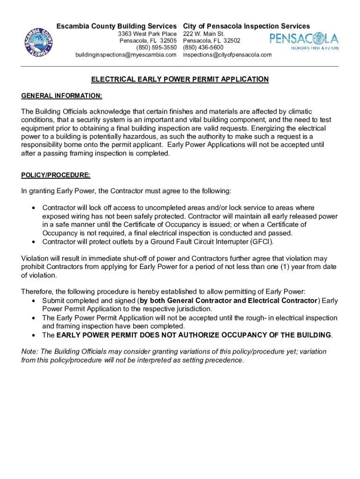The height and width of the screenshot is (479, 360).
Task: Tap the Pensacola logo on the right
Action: [x=304, y=41]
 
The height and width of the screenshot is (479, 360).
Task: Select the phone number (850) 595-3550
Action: [x=156, y=48]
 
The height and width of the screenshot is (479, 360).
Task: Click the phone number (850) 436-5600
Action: [x=203, y=48]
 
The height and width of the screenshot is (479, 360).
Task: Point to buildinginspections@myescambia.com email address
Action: [x=126, y=55]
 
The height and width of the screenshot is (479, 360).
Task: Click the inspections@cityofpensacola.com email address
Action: [x=227, y=55]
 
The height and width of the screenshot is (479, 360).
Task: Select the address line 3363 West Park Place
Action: [x=147, y=34]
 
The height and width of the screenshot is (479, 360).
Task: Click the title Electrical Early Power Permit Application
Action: [x=180, y=80]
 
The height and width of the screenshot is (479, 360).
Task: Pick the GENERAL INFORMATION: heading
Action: [x=62, y=96]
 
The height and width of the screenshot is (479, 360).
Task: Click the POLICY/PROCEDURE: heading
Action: [x=56, y=175]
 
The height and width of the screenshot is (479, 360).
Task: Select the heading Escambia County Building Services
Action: [x=116, y=26]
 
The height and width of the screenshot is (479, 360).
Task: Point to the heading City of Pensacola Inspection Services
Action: [x=246, y=26]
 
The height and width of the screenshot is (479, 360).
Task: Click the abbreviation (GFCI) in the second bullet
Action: [x=261, y=242]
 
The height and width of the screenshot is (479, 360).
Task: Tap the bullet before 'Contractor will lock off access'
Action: [x=33, y=208]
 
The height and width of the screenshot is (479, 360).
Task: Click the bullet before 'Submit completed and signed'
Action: [x=33, y=301]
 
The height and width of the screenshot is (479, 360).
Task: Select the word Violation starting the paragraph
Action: [x=34, y=259]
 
